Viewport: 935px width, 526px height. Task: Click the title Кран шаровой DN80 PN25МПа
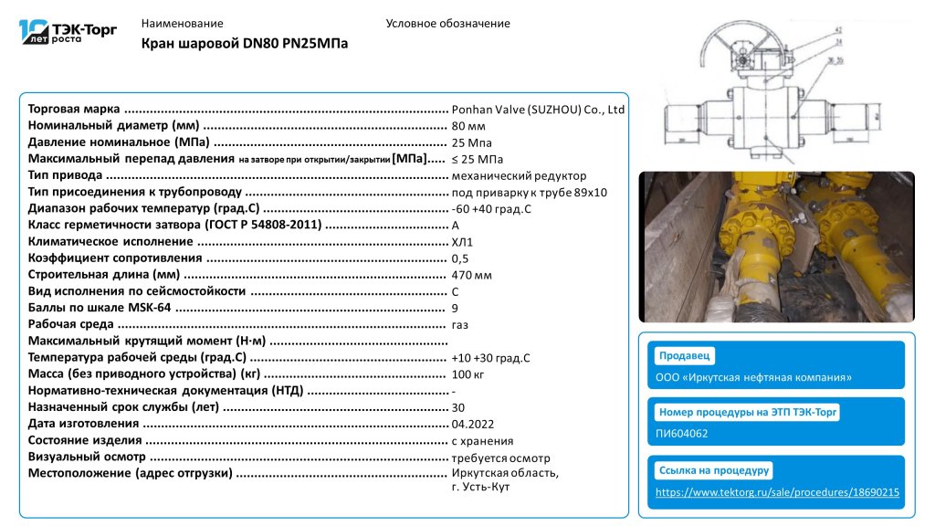[245, 44]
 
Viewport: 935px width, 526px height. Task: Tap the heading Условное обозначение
[447, 24]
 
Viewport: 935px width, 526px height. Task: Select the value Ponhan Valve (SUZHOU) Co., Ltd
[538, 110]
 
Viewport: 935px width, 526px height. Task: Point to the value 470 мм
[471, 275]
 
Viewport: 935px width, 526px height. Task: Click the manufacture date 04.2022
[473, 425]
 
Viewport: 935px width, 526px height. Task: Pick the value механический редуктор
[519, 175]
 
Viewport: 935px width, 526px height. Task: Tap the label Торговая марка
[74, 110]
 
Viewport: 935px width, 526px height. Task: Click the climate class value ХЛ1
[462, 242]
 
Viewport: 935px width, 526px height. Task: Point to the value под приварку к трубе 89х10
[529, 192]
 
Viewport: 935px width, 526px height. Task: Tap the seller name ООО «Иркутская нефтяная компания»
[754, 377]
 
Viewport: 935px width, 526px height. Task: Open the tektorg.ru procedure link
[778, 492]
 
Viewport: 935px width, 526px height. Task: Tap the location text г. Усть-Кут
[479, 487]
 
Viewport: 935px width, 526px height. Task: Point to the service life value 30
[457, 407]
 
